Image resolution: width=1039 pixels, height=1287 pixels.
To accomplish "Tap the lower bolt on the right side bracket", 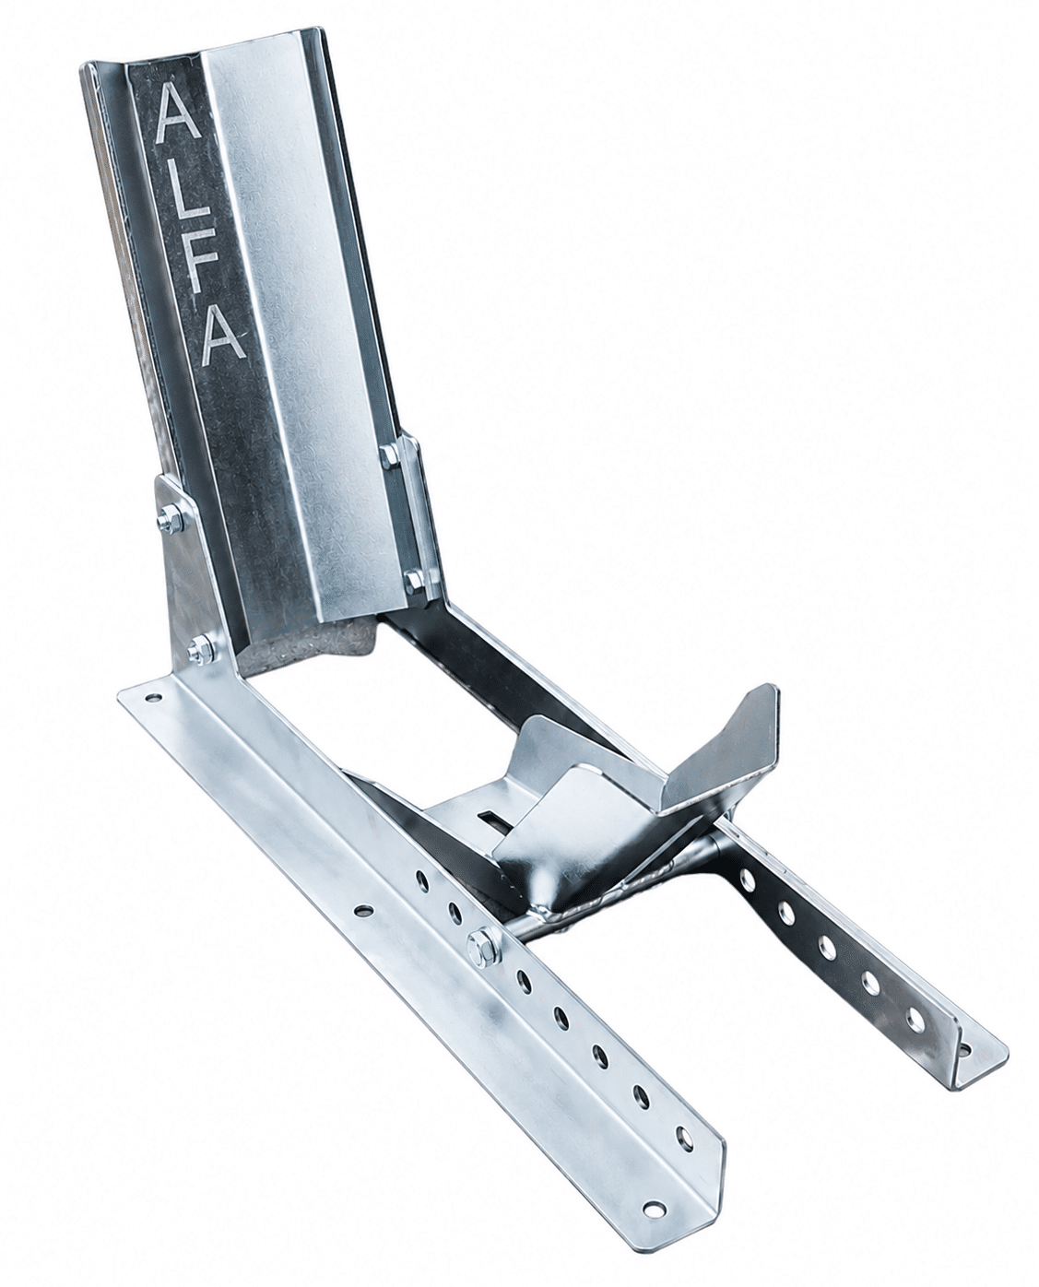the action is pyautogui.click(x=414, y=580).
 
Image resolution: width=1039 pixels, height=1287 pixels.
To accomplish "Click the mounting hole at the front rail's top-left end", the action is pyautogui.click(x=153, y=699).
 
